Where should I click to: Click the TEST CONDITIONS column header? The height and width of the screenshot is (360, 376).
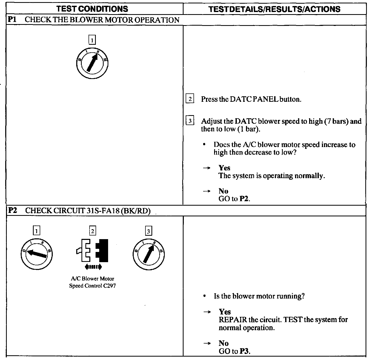point(92,9)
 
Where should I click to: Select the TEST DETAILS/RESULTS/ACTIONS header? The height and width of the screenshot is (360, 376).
point(274,9)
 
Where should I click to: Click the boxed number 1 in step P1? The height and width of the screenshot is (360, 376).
point(92,40)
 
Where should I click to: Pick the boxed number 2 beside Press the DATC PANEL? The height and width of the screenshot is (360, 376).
point(190,99)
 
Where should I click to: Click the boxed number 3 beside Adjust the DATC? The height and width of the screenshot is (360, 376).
point(190,121)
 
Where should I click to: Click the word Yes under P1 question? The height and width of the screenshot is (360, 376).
point(224,168)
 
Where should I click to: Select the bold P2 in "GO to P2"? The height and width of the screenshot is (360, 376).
point(244,199)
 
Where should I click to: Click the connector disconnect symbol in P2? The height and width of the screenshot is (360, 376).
point(93,250)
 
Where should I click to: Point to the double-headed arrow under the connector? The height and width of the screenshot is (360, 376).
point(93,267)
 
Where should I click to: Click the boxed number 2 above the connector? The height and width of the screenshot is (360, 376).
point(92,231)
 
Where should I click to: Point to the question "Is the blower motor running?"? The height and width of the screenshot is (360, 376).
point(259,296)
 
